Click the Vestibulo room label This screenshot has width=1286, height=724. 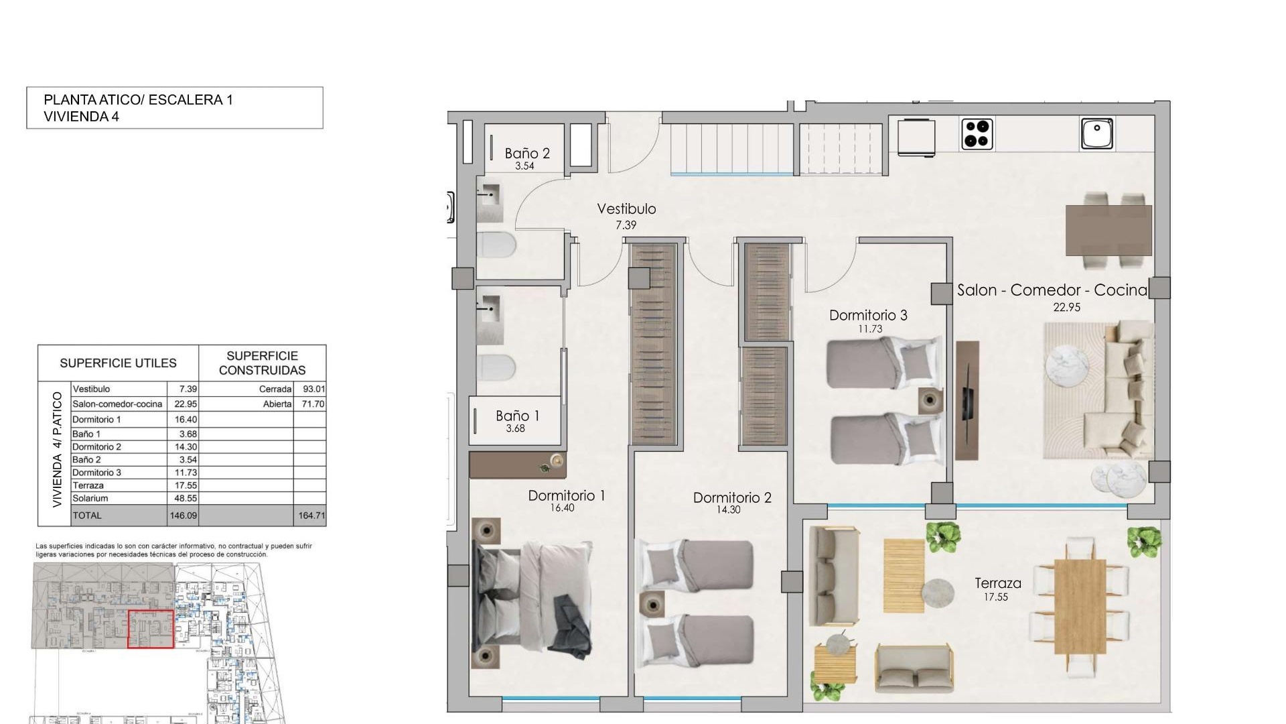click(x=626, y=209)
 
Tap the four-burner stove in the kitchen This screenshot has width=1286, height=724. click(x=977, y=133)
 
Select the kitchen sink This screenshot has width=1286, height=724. click(x=1097, y=133)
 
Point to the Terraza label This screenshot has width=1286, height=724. click(x=997, y=583)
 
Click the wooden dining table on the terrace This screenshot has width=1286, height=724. click(x=1080, y=607)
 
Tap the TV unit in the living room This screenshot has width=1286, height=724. click(x=967, y=400)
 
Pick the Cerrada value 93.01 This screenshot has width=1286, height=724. click(x=313, y=389)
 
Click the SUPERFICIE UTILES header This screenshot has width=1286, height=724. click(x=118, y=363)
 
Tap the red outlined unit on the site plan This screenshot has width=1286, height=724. click(x=151, y=629)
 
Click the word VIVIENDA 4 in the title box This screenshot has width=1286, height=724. click(x=81, y=117)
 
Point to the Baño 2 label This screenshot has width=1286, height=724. click(x=527, y=154)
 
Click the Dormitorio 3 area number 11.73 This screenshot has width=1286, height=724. click(x=869, y=329)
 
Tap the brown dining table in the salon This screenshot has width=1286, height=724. click(x=1109, y=230)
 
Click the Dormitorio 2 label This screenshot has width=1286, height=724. click(x=731, y=498)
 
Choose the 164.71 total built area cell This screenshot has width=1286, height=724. click(x=311, y=516)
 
